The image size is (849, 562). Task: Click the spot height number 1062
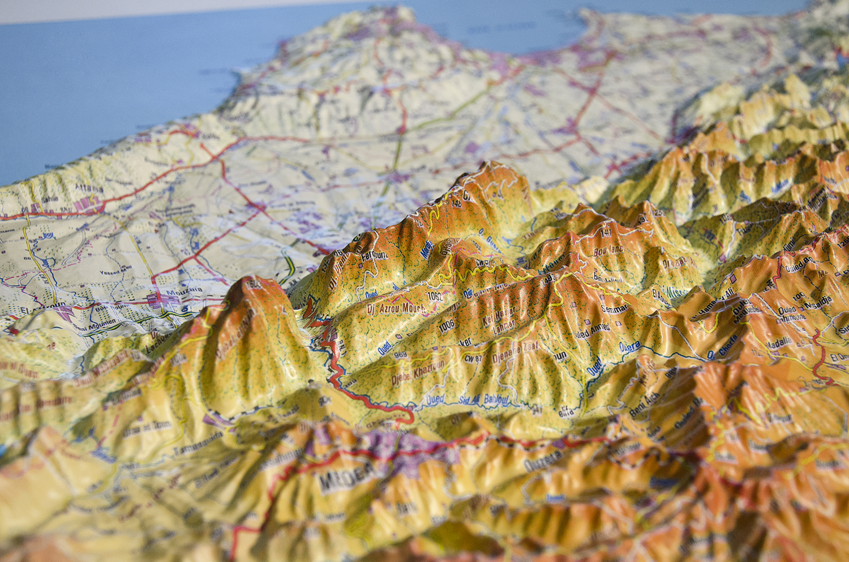[434, 295]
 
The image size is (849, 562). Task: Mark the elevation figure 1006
[446, 324]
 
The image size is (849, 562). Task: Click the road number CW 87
[473, 358]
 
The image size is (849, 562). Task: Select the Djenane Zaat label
[514, 351]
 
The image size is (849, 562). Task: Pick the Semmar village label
[615, 308]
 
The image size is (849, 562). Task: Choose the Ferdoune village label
[374, 256]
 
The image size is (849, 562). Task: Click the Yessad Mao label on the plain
[117, 271]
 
